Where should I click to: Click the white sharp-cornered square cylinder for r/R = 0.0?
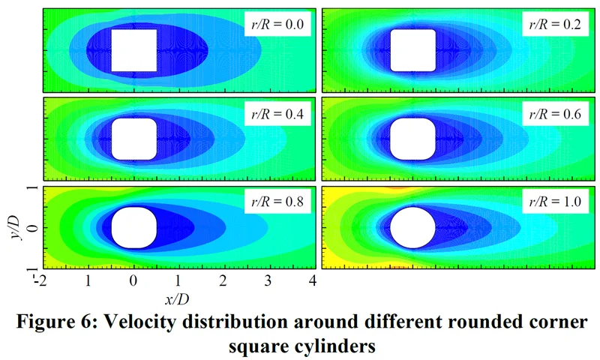pyautogui.click(x=134, y=50)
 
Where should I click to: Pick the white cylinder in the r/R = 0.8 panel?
pyautogui.click(x=134, y=228)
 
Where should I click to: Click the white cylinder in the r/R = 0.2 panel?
pyautogui.click(x=412, y=50)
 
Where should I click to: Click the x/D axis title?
pyautogui.click(x=178, y=298)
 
